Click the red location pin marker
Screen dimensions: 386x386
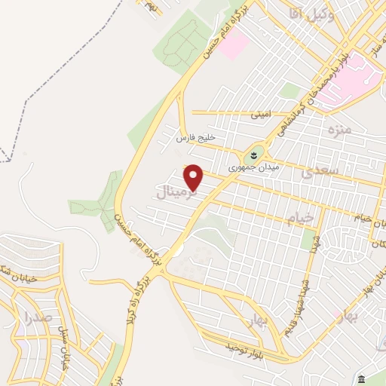195,177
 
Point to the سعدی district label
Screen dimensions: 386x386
317,173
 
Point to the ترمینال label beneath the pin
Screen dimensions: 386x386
179,194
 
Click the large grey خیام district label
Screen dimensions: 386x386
300,219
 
